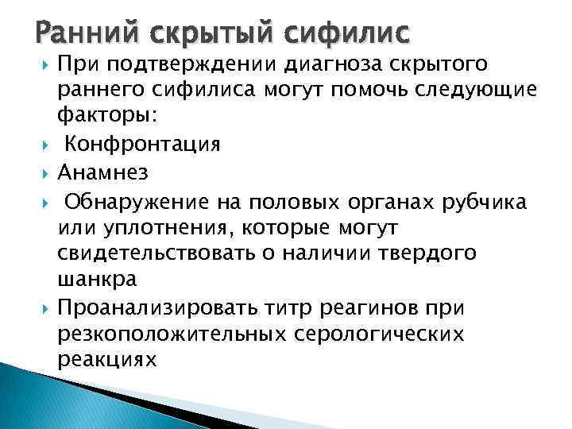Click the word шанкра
(98, 279)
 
